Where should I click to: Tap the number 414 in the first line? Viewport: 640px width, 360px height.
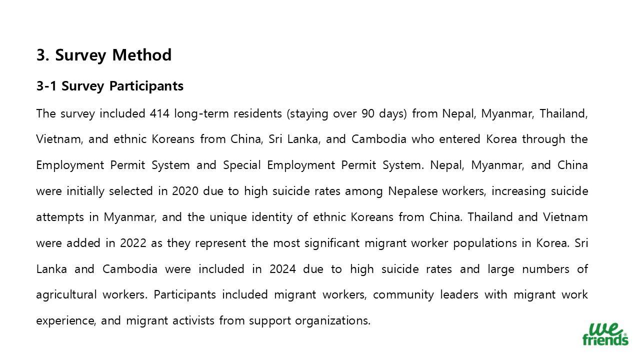pos(159,113)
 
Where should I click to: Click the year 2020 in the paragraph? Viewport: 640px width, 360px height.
pos(185,191)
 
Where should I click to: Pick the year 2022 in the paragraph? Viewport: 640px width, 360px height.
pos(133,243)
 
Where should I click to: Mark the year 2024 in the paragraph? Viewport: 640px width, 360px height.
pos(282,269)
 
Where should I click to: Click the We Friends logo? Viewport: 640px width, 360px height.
pos(605,334)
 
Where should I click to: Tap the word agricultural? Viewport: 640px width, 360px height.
pos(66,294)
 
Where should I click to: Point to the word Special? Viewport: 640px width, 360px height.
pos(242,165)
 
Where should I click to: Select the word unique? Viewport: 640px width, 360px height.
pos(227,217)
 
